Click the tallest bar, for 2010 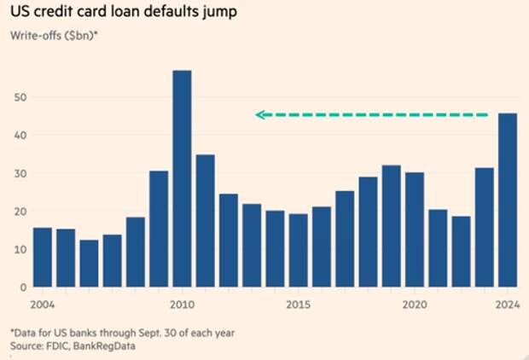click(182, 179)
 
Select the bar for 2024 click(506, 200)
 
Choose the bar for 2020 click(414, 229)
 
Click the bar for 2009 click(159, 229)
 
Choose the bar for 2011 click(205, 221)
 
